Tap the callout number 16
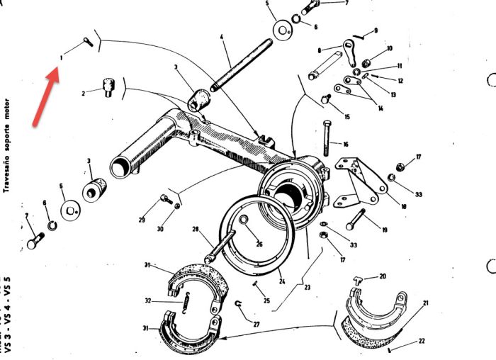point(346,145)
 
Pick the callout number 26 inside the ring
point(259,245)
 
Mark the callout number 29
point(142,221)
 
